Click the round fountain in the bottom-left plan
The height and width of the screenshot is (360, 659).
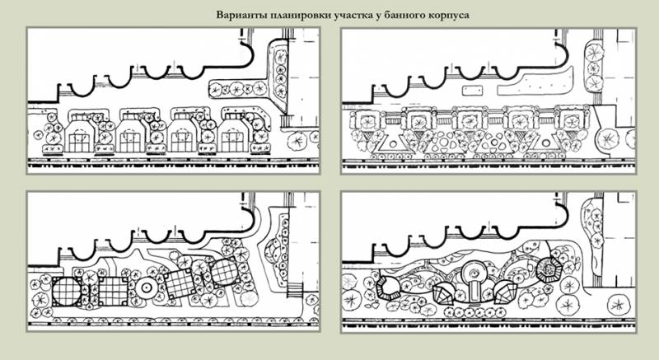coord(147,288)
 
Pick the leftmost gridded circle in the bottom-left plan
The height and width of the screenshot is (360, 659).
coord(67,291)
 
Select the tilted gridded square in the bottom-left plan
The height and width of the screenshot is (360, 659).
coord(180,283)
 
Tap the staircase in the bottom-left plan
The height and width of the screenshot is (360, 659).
coord(294,289)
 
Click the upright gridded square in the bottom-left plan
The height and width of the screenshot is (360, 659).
coord(113,291)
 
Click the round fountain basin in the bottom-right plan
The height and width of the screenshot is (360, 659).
coord(474,274)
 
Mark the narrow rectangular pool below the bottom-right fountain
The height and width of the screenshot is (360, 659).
coord(474,292)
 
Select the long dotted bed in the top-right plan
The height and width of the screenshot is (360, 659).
coord(535,82)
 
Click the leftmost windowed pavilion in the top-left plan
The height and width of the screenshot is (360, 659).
coord(79,134)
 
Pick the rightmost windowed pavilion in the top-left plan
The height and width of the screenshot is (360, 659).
coord(234,134)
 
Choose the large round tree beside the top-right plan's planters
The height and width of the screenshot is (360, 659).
coord(608,138)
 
